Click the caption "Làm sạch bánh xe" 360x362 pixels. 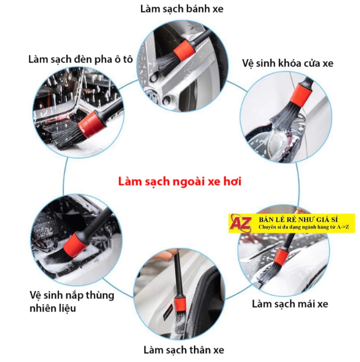(x=182, y=9)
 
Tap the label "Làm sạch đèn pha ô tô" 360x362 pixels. (x=81, y=59)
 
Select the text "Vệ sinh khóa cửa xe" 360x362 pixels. (x=287, y=63)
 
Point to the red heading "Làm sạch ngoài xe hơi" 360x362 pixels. (x=180, y=182)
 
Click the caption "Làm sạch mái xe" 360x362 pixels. (x=290, y=304)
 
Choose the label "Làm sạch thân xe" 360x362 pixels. (x=184, y=350)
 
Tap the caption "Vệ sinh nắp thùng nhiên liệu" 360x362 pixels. (x=72, y=301)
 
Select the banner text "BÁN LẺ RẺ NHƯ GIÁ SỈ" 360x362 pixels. (x=298, y=219)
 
